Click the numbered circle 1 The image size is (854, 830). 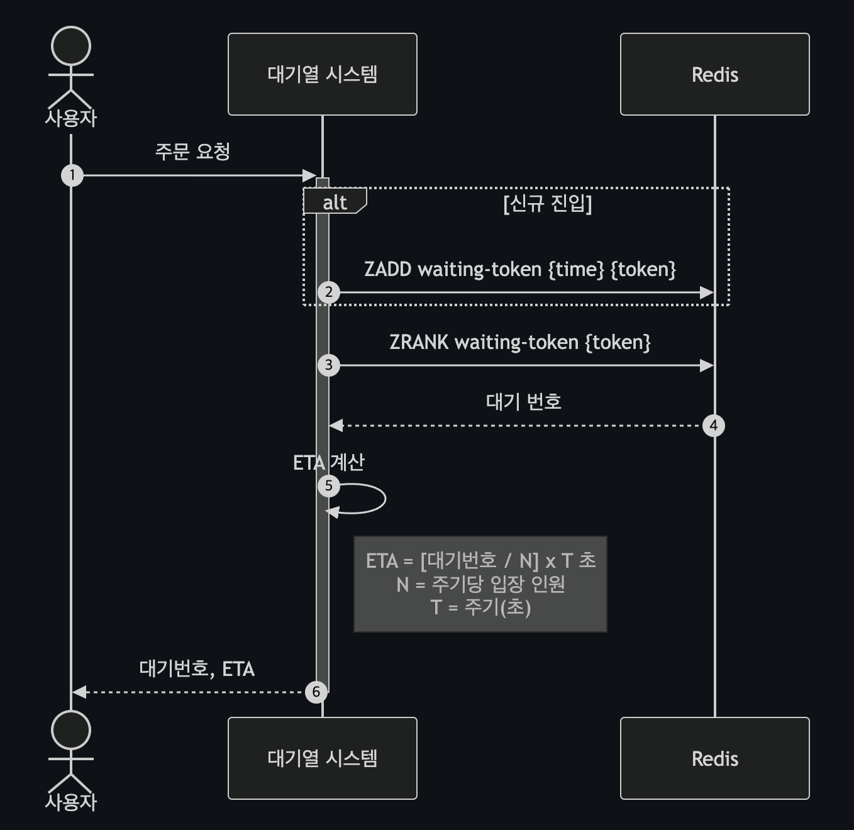(72, 175)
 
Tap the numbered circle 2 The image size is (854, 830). (329, 292)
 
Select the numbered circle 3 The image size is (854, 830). (329, 365)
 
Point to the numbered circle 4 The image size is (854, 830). (714, 426)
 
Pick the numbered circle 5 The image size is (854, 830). (329, 486)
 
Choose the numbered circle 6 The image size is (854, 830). (316, 692)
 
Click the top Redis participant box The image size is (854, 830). (715, 74)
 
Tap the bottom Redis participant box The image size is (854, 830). (715, 758)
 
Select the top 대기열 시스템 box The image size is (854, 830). (323, 74)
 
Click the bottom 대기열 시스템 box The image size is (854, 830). (323, 758)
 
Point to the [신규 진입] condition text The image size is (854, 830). (548, 203)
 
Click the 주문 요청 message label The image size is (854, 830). (192, 152)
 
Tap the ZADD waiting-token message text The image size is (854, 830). (520, 269)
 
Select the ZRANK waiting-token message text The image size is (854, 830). (520, 342)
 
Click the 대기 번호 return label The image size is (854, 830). (524, 401)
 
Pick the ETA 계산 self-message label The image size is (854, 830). (329, 462)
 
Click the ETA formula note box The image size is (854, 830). (480, 584)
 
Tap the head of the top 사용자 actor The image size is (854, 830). (71, 46)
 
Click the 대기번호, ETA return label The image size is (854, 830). (197, 669)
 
